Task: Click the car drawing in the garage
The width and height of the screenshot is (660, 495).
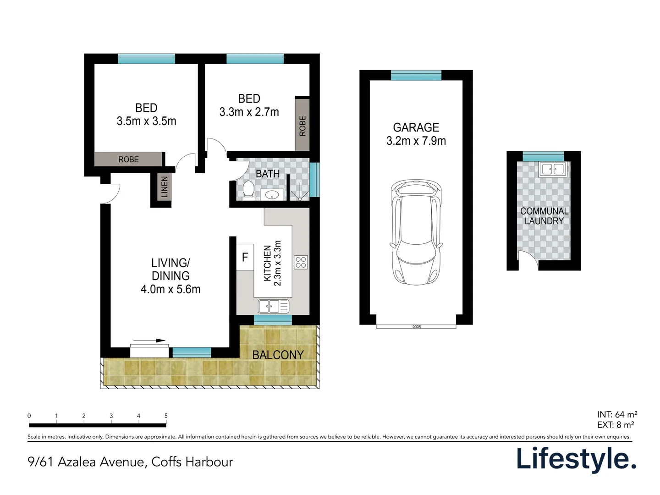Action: pyautogui.click(x=416, y=232)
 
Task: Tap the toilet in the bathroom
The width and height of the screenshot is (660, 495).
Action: pyautogui.click(x=248, y=190)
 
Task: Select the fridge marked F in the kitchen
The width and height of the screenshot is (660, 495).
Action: pyautogui.click(x=245, y=257)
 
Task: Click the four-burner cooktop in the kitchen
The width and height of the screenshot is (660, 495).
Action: pyautogui.click(x=301, y=262)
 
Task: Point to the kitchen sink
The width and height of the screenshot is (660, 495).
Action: pyautogui.click(x=273, y=306)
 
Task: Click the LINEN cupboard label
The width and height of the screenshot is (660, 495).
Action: pyautogui.click(x=164, y=187)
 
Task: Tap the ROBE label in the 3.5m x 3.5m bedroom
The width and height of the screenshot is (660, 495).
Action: pyautogui.click(x=128, y=159)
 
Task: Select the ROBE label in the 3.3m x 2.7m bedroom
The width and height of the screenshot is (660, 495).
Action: pyautogui.click(x=302, y=126)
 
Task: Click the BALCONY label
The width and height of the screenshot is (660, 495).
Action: pyautogui.click(x=278, y=355)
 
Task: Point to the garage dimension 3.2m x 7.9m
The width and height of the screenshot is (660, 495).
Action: pyautogui.click(x=416, y=141)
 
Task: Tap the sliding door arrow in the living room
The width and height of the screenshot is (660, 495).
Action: pyautogui.click(x=149, y=341)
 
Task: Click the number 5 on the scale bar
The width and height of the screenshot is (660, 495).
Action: pyautogui.click(x=166, y=416)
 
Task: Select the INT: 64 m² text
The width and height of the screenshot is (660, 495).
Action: pyautogui.click(x=617, y=414)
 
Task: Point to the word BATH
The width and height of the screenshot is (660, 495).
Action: pyautogui.click(x=268, y=174)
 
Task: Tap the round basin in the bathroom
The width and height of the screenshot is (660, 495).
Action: pyautogui.click(x=272, y=194)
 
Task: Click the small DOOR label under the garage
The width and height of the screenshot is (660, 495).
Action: pyautogui.click(x=417, y=327)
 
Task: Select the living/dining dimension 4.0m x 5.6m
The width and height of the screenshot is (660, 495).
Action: pyautogui.click(x=170, y=289)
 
